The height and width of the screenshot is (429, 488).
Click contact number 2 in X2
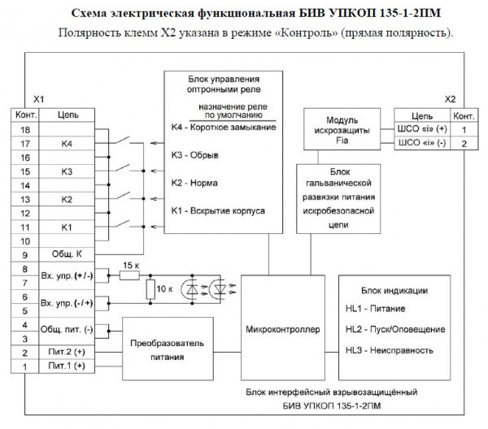tap(464, 144)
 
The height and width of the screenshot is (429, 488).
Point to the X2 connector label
tap(450, 98)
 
